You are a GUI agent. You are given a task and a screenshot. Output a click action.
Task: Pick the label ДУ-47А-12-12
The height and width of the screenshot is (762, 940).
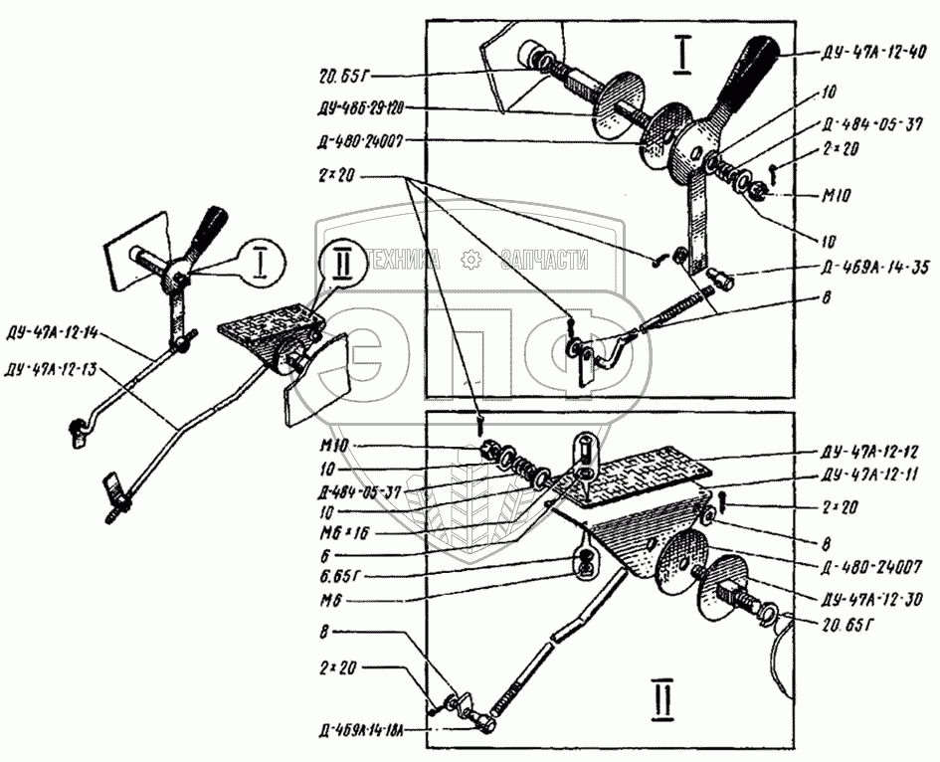click(869, 449)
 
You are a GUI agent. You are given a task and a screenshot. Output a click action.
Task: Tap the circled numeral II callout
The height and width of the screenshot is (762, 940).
click(341, 265)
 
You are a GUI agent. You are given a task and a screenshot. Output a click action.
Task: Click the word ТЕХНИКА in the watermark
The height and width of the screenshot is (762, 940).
click(402, 260)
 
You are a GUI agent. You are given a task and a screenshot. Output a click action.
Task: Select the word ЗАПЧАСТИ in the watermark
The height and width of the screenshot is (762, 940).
click(543, 260)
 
